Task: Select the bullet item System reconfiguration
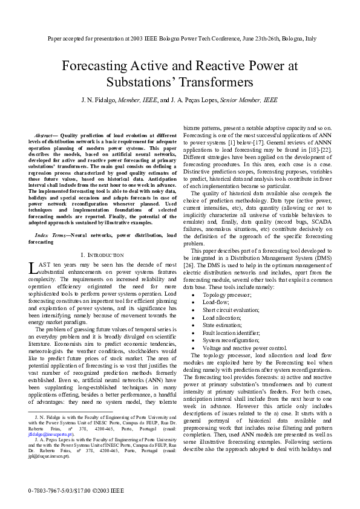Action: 228,324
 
